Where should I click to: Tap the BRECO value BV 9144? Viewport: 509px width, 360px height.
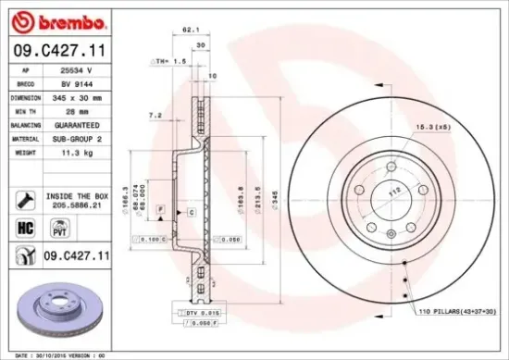(73, 82)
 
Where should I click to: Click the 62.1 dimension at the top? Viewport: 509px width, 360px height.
(191, 30)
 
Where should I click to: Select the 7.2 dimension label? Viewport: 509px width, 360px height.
(155, 115)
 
